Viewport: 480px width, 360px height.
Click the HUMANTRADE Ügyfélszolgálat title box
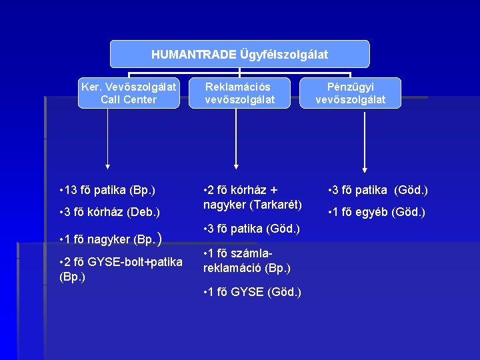pos(239,54)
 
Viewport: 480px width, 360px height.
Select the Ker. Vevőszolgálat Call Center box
pos(129,93)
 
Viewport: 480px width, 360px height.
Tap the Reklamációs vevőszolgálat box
pos(239,93)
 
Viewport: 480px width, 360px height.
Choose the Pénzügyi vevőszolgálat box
pos(351,93)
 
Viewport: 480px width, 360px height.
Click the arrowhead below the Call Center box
pos(108,168)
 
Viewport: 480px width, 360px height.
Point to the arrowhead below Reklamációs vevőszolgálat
pos(235,168)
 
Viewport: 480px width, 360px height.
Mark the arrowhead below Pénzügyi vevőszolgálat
pos(364,168)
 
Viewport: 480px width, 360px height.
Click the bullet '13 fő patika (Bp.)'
pos(107,191)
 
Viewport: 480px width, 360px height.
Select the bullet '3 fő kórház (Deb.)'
pos(110,213)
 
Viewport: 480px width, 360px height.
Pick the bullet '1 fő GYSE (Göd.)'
pos(252,292)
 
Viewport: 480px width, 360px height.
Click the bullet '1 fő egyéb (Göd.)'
pos(377,213)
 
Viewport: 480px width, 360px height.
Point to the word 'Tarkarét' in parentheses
pos(277,203)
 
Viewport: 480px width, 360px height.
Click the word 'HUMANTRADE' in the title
pos(193,54)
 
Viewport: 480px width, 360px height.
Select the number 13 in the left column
pos(73,191)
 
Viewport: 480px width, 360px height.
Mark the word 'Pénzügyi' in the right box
pos(351,86)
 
